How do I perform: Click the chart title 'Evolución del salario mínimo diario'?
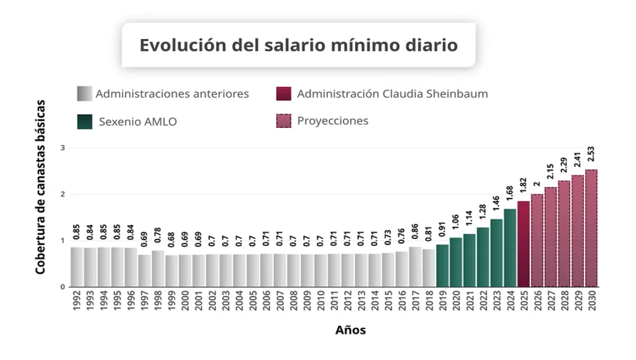(x=298, y=45)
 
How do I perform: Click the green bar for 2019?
(x=442, y=266)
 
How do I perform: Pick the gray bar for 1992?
(x=76, y=267)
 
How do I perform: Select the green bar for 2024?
(x=510, y=248)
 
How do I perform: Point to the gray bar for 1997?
(x=144, y=271)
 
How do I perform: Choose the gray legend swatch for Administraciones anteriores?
(x=84, y=94)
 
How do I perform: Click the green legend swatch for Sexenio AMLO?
(x=84, y=122)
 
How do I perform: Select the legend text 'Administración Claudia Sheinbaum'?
(x=392, y=94)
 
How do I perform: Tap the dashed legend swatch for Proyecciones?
(x=283, y=121)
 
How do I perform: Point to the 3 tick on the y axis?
(x=63, y=148)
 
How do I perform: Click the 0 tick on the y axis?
(x=63, y=287)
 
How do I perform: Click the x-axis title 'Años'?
(x=350, y=330)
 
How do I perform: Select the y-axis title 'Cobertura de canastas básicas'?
(x=40, y=186)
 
